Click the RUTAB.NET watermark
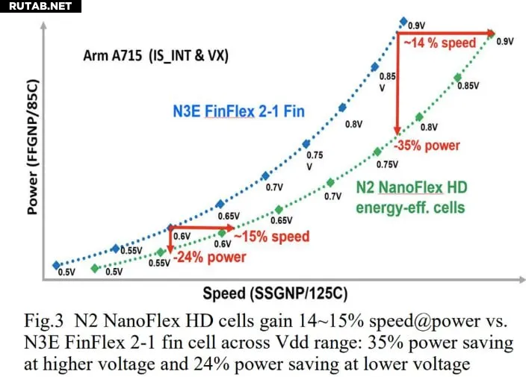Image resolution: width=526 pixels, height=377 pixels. pos(38,7)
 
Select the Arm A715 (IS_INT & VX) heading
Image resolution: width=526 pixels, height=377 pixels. pos(145,56)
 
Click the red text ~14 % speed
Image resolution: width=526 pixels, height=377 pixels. pos(440,43)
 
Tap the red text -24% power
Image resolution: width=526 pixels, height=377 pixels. pos(210,258)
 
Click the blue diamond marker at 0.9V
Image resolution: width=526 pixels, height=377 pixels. pos(403,22)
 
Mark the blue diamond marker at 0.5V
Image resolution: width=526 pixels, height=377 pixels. pos(56,265)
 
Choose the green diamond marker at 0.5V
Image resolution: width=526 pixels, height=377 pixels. pos(94,268)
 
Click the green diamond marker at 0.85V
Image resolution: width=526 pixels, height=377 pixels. pos(457,78)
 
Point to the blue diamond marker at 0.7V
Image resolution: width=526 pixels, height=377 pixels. pos(265,176)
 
